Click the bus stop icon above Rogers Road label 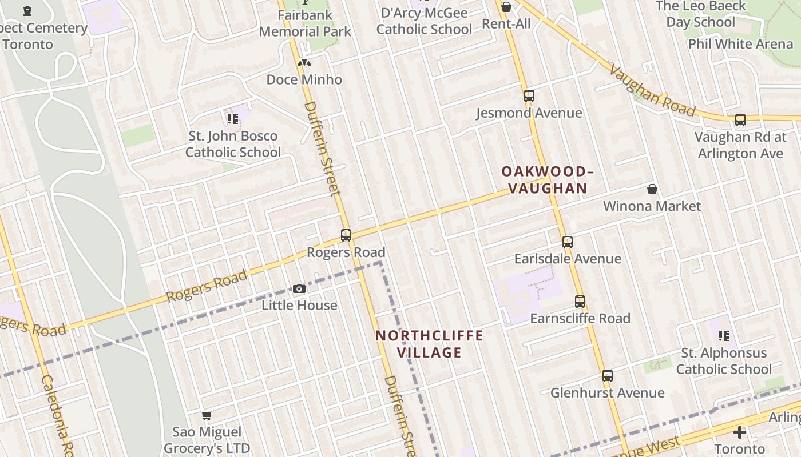[x=346, y=235]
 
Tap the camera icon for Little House [x=299, y=288]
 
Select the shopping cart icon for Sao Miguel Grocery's [x=207, y=415]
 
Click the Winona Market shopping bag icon [x=652, y=189]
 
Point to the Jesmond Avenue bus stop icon [x=529, y=96]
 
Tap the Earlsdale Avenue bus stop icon [x=567, y=242]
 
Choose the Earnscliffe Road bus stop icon [x=580, y=302]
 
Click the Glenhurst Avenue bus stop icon [x=607, y=376]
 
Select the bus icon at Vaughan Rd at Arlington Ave [x=740, y=120]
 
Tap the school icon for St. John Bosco [x=232, y=119]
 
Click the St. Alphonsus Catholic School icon [x=724, y=336]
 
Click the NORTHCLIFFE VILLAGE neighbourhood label [x=429, y=344]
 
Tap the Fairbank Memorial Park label [x=305, y=22]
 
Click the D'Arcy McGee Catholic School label [x=424, y=21]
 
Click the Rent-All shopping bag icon [x=506, y=7]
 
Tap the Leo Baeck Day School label [x=700, y=14]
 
